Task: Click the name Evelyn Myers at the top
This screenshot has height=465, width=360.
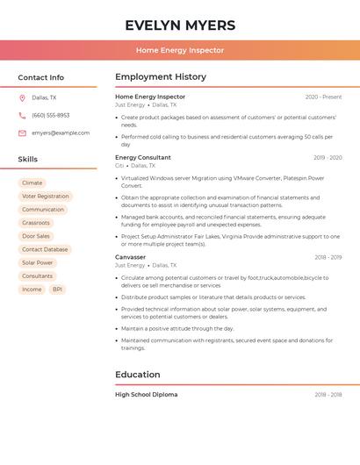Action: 180,25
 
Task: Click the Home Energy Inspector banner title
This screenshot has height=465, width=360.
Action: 180,50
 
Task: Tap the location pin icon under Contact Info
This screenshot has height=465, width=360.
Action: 22,97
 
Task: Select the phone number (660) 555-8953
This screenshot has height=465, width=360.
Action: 50,115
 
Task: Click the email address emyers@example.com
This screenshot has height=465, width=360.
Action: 61,132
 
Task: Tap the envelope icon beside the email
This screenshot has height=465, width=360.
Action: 22,132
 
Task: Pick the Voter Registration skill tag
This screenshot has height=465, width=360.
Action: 46,197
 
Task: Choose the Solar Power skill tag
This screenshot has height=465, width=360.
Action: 38,262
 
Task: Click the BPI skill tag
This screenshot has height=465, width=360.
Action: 57,289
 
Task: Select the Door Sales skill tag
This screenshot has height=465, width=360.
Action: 36,236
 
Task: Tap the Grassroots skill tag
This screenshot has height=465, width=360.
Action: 36,223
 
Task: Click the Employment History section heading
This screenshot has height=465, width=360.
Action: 161,77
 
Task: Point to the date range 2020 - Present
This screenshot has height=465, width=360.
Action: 323,97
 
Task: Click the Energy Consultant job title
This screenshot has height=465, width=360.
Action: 143,158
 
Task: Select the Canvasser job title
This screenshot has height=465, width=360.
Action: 131,257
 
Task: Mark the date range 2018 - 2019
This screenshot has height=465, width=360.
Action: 328,257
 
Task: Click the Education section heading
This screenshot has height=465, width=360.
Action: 138,375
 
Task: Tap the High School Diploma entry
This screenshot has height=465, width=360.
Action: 147,395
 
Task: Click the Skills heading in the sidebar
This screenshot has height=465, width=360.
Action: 28,159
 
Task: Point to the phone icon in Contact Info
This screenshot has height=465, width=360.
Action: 22,115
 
